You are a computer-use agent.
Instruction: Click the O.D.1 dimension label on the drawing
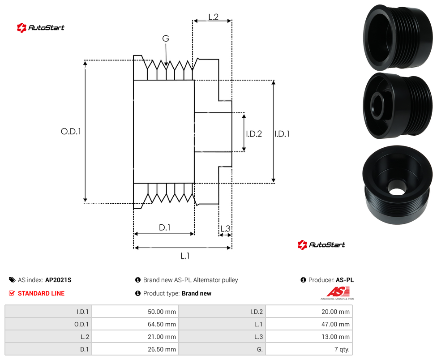[x=71, y=131]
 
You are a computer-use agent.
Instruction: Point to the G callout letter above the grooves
[x=166, y=39]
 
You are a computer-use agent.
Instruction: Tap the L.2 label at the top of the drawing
[x=213, y=17]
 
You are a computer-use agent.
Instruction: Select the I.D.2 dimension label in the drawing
[x=254, y=134]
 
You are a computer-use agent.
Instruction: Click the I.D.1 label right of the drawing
[x=282, y=134]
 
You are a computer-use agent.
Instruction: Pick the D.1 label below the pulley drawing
[x=164, y=227]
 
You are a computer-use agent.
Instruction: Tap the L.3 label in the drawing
[x=225, y=228]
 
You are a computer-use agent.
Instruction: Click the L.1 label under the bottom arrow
[x=185, y=256]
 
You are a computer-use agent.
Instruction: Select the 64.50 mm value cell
[x=162, y=324]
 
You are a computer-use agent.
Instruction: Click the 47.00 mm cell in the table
[x=335, y=324]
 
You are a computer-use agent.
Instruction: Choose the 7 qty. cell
[x=342, y=349]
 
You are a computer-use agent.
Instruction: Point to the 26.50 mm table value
[x=162, y=349]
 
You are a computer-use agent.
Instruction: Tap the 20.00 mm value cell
[x=335, y=312]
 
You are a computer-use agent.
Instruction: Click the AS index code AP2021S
[x=58, y=280]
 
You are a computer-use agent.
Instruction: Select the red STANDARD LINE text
[x=41, y=293]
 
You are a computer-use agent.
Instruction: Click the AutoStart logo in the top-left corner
[x=41, y=28]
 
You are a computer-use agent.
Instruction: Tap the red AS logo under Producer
[x=338, y=292]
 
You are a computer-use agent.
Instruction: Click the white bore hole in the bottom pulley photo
[x=396, y=192]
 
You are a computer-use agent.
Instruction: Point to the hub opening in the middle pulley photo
[x=377, y=106]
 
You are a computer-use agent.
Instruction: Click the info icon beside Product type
[x=137, y=293]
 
